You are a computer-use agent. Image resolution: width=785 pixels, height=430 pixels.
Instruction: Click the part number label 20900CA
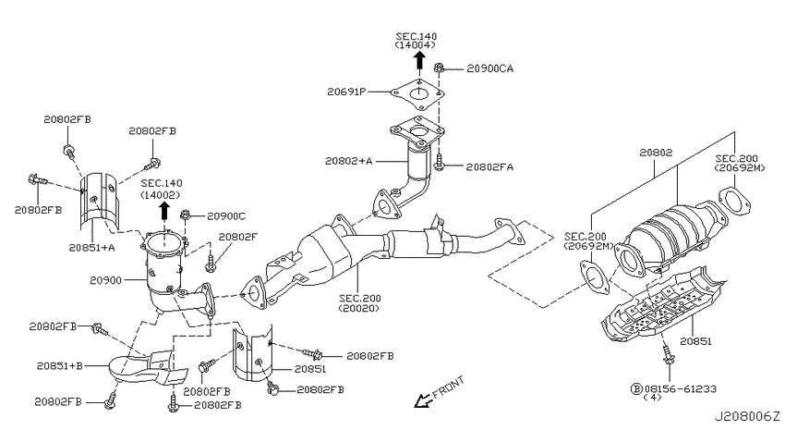click(489, 68)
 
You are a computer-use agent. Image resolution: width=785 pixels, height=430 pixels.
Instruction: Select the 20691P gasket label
click(346, 92)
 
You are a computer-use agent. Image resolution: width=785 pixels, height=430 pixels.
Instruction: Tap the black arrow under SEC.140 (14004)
click(419, 61)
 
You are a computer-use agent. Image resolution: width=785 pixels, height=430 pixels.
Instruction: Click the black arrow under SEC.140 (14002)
click(163, 211)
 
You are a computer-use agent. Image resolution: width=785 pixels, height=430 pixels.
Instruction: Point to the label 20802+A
click(348, 161)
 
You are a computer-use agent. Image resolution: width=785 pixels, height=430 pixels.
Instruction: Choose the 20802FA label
click(489, 166)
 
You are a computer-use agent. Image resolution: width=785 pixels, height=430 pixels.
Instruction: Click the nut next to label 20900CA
click(439, 68)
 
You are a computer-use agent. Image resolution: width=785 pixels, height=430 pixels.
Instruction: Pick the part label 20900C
click(226, 216)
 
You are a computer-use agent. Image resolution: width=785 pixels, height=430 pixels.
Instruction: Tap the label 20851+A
click(91, 247)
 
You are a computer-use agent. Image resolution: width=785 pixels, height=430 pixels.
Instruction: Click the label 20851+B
click(60, 366)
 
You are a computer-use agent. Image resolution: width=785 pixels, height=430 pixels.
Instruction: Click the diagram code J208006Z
click(746, 416)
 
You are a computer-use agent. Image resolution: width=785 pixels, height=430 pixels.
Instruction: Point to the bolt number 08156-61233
click(680, 388)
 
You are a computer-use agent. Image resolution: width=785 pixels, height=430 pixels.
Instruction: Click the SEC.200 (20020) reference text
click(359, 303)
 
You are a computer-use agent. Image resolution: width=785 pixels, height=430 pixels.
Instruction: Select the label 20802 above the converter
click(656, 153)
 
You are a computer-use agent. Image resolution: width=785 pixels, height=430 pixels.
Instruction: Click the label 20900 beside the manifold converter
click(105, 280)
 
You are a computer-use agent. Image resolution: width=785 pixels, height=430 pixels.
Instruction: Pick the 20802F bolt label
click(237, 236)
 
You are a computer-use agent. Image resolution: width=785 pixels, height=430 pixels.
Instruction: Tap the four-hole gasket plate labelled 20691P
click(417, 95)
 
